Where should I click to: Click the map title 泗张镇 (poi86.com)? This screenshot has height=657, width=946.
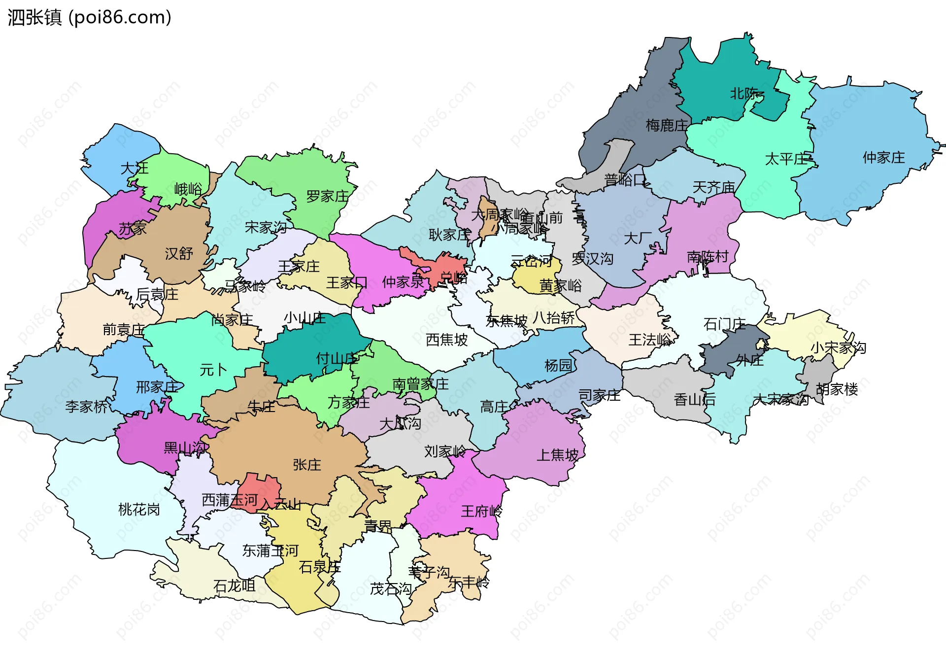[x=89, y=17]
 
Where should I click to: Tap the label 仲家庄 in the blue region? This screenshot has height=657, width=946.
[x=883, y=158]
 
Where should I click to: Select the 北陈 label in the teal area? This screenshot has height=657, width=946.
[x=744, y=94]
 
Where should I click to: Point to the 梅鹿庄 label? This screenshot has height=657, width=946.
[x=666, y=126]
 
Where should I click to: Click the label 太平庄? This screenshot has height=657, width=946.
[x=785, y=159]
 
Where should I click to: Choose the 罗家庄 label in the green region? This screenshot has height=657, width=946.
[x=327, y=197]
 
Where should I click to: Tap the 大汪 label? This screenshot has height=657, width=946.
[x=135, y=169]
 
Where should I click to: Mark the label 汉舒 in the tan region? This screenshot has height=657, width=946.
[x=179, y=254]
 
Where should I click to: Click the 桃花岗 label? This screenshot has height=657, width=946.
[x=139, y=510]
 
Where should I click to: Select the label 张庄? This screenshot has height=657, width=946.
[x=306, y=465]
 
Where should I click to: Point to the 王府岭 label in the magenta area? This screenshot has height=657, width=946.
[x=481, y=512]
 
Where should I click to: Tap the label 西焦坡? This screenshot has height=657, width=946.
[x=446, y=340]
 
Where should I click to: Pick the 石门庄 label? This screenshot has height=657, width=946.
[x=724, y=324]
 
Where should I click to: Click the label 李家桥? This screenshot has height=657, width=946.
[x=86, y=407]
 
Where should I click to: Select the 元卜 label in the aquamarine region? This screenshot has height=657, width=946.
[x=213, y=370]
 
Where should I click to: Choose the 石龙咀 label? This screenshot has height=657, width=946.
[x=234, y=586]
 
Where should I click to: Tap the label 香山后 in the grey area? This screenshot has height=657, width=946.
[x=694, y=400]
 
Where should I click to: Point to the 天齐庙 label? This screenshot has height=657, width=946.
[x=713, y=188]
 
